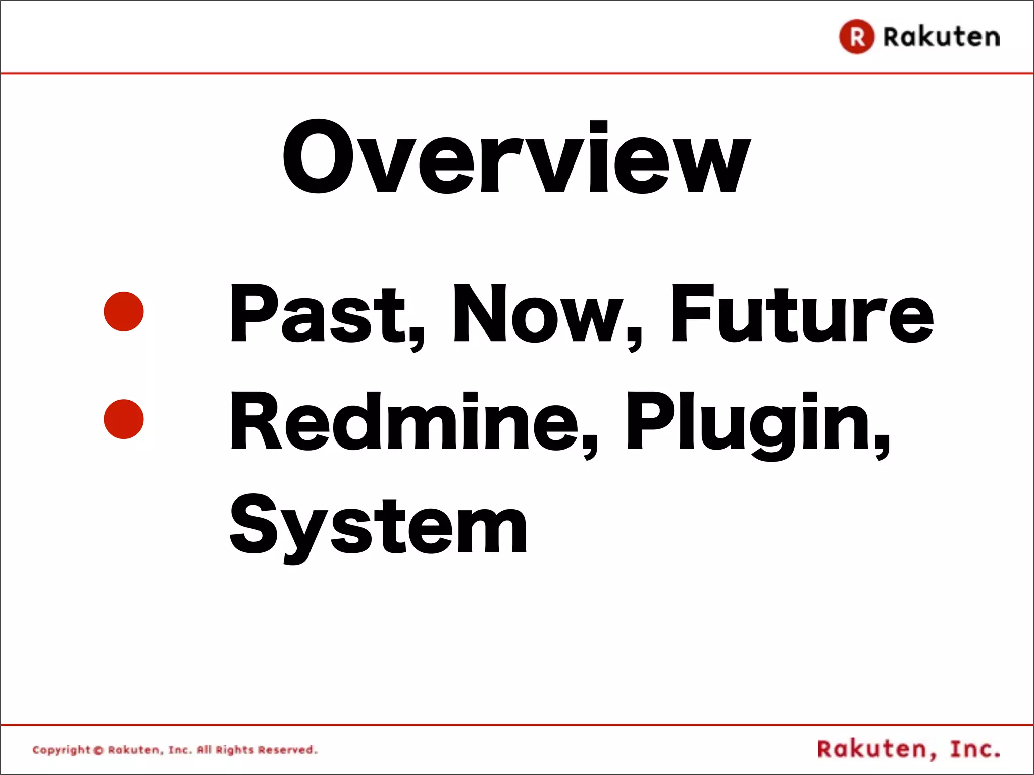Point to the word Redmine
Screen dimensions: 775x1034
click(x=404, y=421)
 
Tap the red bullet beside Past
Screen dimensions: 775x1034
click(x=124, y=311)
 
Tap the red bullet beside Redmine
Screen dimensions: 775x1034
click(x=124, y=419)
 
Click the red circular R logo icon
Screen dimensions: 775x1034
click(x=856, y=36)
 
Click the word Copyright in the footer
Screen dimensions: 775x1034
click(x=61, y=750)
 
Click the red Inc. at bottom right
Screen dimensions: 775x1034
click(x=974, y=749)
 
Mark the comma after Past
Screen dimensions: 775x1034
click(x=417, y=342)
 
